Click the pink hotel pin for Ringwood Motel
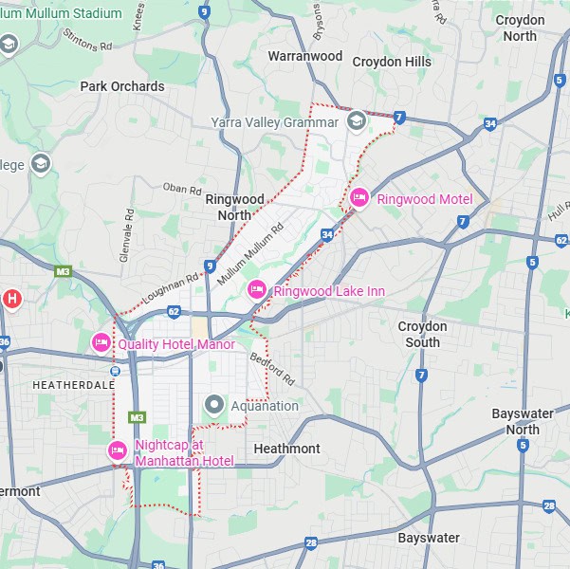[359, 197]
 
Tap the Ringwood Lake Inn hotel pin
[256, 289]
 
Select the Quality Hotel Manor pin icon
[101, 341]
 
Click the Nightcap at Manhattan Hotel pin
[118, 450]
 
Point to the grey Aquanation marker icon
[214, 405]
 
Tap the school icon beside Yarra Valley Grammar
[356, 121]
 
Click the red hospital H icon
[11, 299]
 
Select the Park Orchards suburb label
[122, 86]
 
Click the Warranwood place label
[304, 57]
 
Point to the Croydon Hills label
[391, 62]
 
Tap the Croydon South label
[422, 334]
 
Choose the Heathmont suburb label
[287, 448]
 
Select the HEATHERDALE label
[73, 385]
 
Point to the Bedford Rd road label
[273, 370]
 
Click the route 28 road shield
[311, 542]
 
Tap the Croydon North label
[521, 28]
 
